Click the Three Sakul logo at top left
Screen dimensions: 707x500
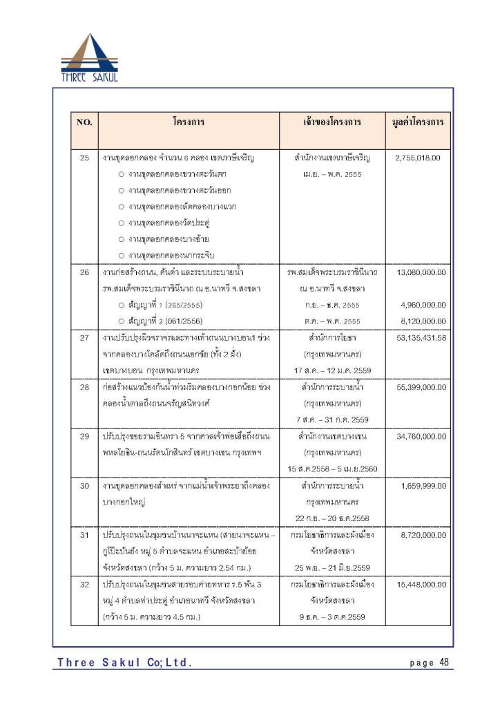click(x=89, y=58)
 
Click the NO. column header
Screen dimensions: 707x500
click(x=84, y=122)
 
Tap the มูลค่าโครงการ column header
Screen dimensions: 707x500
click(x=418, y=122)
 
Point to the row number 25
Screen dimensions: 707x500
click(x=84, y=158)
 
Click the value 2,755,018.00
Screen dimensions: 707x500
click(x=418, y=158)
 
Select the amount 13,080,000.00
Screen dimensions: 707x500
click(x=421, y=272)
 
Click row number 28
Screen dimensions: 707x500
click(x=84, y=387)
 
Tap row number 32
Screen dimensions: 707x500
click(x=84, y=585)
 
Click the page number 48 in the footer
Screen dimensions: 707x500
click(x=443, y=662)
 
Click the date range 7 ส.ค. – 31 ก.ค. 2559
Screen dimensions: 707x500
click(x=332, y=420)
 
